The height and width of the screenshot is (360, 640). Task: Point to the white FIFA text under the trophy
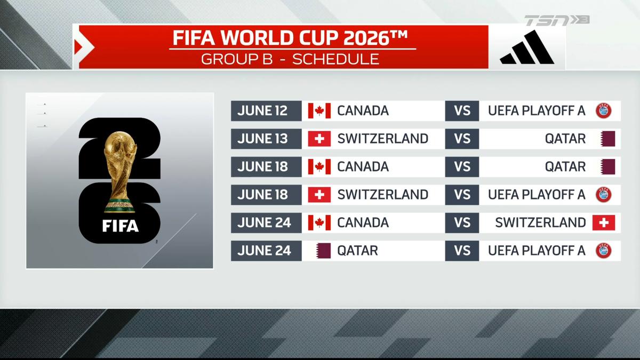(120, 226)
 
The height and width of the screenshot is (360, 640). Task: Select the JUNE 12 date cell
(262, 111)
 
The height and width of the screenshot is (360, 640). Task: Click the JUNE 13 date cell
(262, 139)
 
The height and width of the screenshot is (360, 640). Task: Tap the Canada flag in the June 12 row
(319, 111)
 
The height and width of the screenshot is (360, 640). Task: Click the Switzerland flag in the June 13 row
(319, 139)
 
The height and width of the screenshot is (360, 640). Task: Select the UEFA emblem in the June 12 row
(603, 111)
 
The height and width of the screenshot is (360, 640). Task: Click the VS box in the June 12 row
(462, 111)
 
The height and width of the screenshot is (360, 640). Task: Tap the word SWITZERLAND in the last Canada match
(540, 222)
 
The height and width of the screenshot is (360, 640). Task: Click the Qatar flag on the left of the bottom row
(323, 250)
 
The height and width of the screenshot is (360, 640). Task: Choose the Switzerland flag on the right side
(603, 222)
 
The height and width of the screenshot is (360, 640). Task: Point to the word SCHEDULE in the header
(336, 59)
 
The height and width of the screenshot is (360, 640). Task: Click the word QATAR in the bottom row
(357, 250)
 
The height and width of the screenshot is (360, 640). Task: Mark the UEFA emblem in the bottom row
(603, 250)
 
